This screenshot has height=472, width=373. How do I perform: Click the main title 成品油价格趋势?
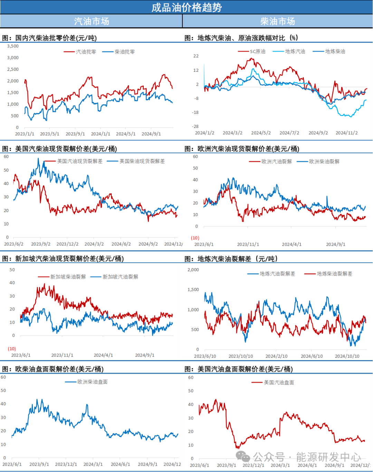click(186, 7)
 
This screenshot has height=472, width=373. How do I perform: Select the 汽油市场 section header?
click(92, 21)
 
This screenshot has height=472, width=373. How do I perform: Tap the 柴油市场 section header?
click(278, 21)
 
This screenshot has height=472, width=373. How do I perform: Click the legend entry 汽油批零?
click(86, 52)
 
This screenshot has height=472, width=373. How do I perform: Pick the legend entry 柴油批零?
click(125, 52)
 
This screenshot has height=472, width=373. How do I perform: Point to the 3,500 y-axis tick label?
click(13, 46)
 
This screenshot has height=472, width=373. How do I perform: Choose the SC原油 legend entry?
click(258, 51)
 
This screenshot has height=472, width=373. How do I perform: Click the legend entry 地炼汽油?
click(295, 51)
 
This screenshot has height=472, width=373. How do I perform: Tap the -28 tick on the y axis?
click(195, 126)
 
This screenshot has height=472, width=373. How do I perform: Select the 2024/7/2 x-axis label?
click(289, 133)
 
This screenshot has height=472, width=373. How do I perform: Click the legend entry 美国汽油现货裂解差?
click(80, 161)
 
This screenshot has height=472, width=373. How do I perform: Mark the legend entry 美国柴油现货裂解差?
click(142, 161)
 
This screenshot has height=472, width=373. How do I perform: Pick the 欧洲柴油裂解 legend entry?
click(324, 162)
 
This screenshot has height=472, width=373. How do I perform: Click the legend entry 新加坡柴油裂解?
click(68, 277)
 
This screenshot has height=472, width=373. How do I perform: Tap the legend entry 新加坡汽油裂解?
click(120, 277)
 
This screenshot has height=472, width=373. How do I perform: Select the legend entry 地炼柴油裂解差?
click(334, 274)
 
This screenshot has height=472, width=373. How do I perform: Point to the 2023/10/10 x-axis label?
click(241, 356)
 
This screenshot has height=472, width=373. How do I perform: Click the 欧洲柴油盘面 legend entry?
click(92, 382)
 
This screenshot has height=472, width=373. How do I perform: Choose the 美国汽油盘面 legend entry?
click(279, 383)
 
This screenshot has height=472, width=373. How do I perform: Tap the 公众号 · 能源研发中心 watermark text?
click(307, 457)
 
